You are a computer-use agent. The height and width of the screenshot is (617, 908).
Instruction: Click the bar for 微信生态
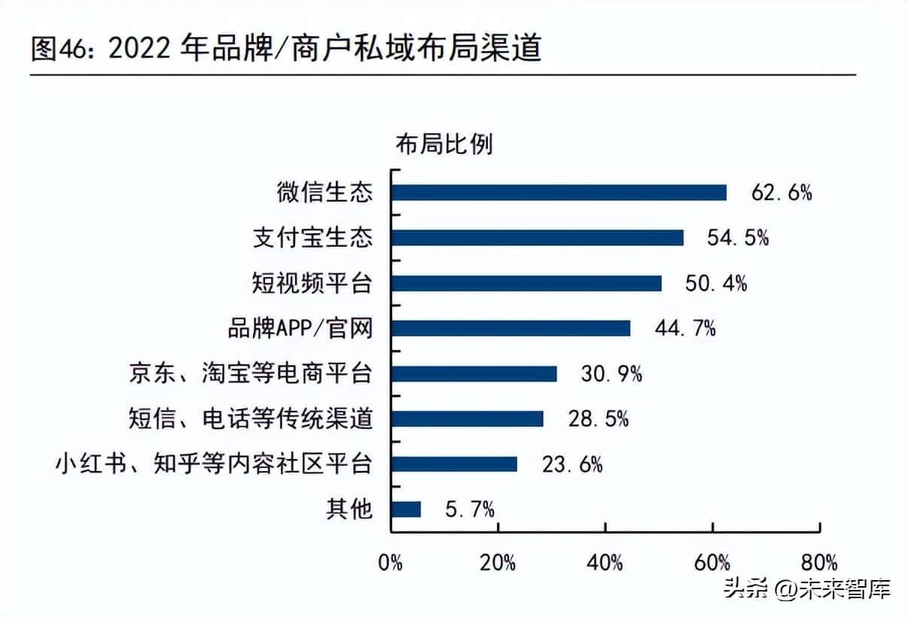tap(559, 193)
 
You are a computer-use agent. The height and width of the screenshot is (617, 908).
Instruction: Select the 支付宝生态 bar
tap(538, 238)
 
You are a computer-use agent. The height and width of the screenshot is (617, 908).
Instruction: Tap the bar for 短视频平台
tap(526, 283)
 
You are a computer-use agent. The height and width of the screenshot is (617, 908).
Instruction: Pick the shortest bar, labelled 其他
tap(406, 509)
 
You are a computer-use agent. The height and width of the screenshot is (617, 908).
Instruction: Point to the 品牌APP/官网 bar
tap(510, 328)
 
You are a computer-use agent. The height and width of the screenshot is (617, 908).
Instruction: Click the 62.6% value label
tap(782, 193)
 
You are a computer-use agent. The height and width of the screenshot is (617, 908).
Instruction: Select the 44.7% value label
tap(685, 328)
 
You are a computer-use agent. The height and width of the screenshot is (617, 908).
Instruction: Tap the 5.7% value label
tap(470, 509)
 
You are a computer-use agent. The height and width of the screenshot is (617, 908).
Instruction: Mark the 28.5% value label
tap(599, 418)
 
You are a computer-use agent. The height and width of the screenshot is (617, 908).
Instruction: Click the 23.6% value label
tap(572, 464)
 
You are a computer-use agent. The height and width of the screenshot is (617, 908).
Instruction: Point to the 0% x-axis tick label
tap(391, 562)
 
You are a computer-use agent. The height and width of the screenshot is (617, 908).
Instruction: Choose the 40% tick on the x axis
tap(606, 562)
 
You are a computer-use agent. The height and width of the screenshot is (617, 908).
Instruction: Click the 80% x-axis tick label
tap(820, 562)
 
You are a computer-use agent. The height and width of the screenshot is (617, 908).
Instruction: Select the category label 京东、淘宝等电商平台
tap(251, 373)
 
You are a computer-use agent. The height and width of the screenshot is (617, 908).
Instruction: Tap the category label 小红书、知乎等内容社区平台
tap(214, 464)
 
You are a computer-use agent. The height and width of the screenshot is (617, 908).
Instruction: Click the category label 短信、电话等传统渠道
tap(251, 418)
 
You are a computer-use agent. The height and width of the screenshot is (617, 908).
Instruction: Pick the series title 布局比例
tap(444, 144)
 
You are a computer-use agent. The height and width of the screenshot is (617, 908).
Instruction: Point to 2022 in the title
tap(141, 50)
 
